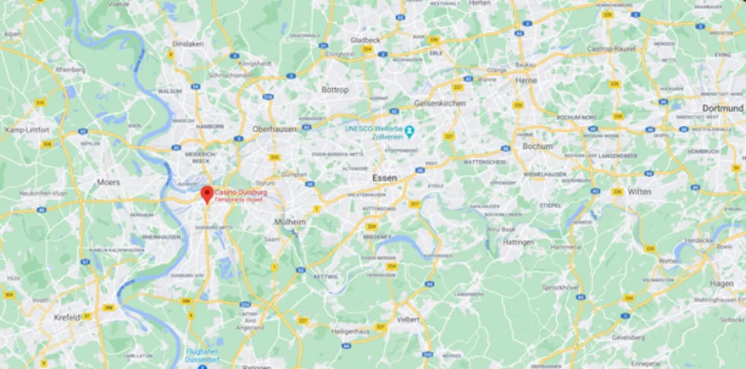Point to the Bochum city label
[x=537, y=146]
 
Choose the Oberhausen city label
[x=273, y=129]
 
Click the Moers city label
[x=109, y=182]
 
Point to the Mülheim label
[x=290, y=221]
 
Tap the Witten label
[x=639, y=191]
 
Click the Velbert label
[x=409, y=319]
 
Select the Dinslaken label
[x=187, y=43]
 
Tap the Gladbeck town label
[x=365, y=39]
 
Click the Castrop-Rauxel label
[x=613, y=49]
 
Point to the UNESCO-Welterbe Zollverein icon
[x=409, y=132]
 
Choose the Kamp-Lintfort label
[x=26, y=129]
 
